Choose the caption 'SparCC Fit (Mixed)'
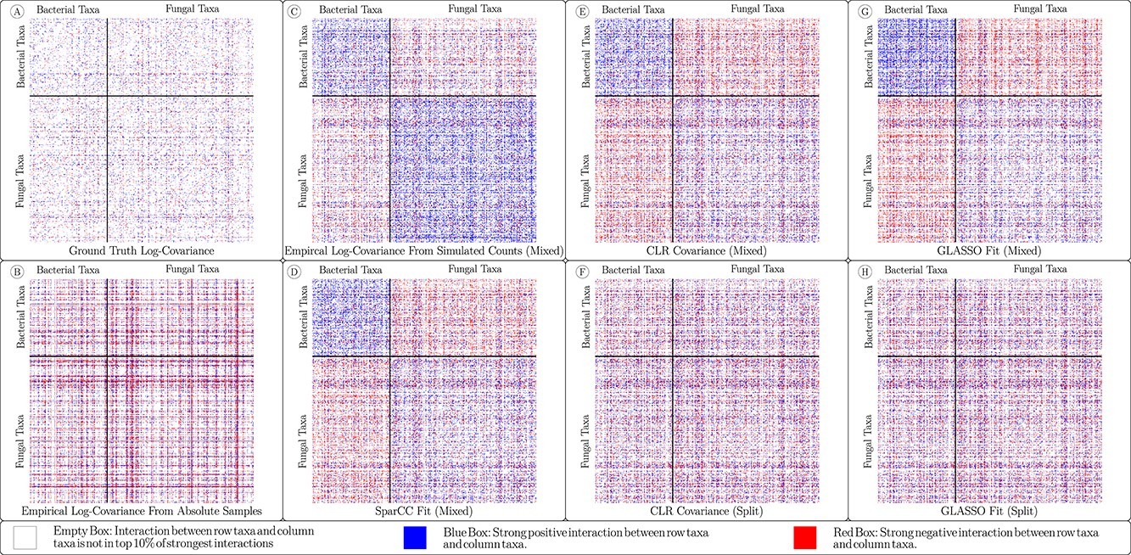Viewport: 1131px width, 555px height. (x=424, y=512)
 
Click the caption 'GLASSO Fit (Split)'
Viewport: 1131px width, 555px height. (x=990, y=512)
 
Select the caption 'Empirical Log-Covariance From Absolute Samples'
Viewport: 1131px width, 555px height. (x=142, y=512)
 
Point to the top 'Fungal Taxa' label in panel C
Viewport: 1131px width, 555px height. (x=472, y=9)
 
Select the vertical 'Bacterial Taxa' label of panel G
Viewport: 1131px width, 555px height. (x=865, y=55)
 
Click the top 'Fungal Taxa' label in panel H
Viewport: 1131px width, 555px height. (x=1039, y=269)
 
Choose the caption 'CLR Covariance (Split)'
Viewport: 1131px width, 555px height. (x=707, y=512)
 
